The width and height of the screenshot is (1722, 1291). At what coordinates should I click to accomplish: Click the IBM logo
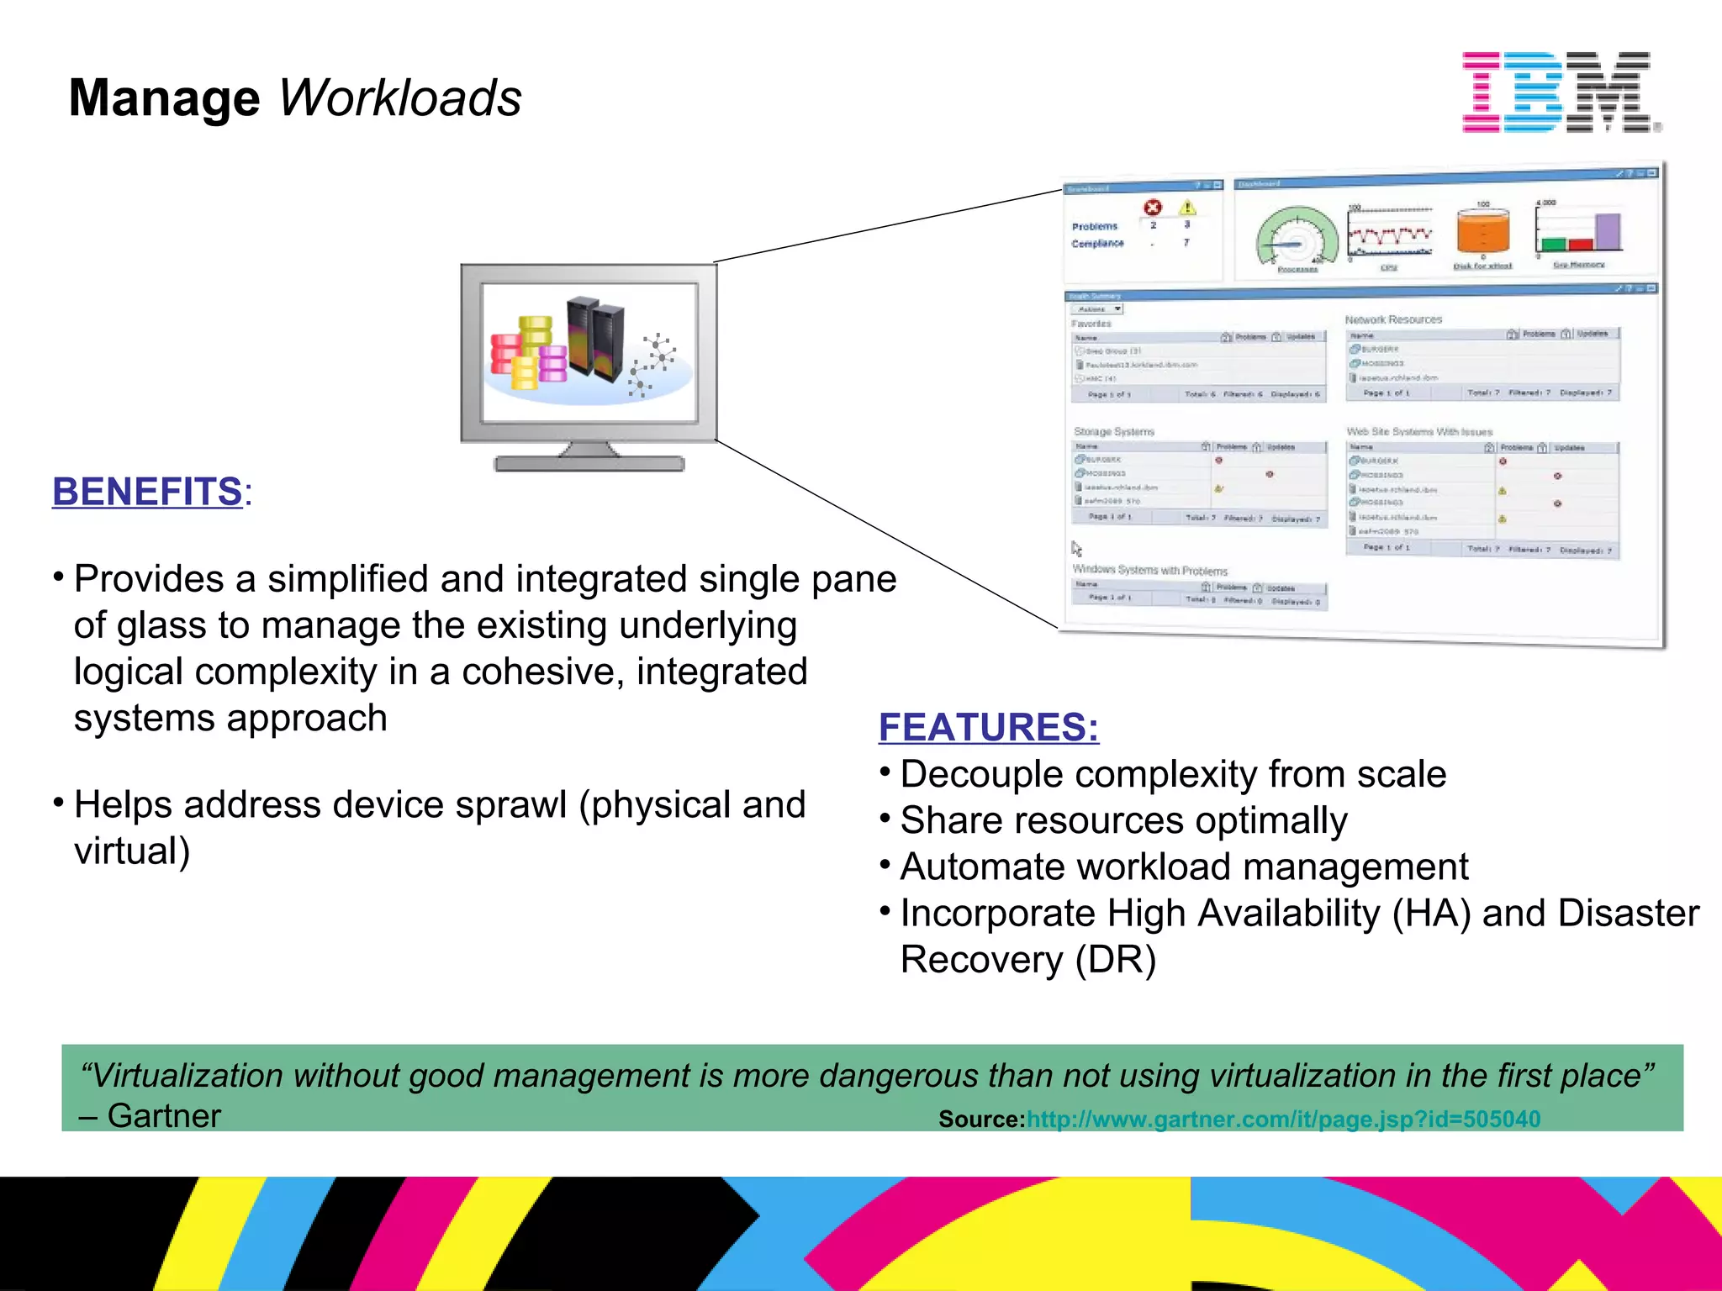click(1560, 92)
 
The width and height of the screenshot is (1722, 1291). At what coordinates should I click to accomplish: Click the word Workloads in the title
click(399, 98)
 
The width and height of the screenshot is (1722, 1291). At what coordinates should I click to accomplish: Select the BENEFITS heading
click(148, 492)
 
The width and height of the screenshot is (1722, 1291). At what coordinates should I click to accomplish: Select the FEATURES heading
click(988, 727)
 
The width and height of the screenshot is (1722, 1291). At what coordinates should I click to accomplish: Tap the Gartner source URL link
click(1283, 1120)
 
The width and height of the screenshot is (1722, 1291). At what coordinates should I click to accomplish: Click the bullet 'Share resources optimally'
click(1123, 820)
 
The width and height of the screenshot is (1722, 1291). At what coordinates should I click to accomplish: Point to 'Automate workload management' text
click(1184, 867)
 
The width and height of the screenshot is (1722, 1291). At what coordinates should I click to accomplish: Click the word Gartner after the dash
click(164, 1116)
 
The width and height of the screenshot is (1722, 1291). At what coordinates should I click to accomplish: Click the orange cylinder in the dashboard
click(1482, 231)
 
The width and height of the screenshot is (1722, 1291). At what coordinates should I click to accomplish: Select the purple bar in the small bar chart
click(1608, 231)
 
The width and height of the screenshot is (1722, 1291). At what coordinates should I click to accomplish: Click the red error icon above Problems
click(1153, 207)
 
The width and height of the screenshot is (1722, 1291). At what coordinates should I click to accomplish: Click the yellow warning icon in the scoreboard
click(1187, 207)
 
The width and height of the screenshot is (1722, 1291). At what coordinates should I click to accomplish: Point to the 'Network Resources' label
click(1393, 319)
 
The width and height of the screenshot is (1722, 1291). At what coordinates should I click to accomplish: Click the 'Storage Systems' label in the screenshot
click(1114, 431)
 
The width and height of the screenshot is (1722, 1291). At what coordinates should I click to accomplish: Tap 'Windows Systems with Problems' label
click(1149, 570)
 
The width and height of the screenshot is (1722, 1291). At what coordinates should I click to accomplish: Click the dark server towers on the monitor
click(595, 336)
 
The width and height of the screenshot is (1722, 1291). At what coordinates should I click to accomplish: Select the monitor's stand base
click(589, 463)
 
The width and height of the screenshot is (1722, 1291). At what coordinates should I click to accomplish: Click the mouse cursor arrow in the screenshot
click(1076, 549)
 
